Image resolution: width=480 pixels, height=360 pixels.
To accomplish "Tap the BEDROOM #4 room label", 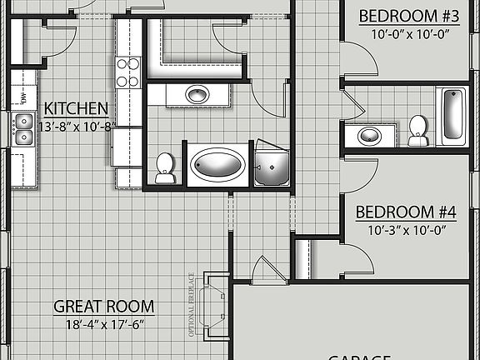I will tap(407, 212).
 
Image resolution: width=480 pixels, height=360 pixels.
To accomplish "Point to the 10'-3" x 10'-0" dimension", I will tap(407, 230).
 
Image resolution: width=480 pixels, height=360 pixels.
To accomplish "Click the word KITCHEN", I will tap(75, 108).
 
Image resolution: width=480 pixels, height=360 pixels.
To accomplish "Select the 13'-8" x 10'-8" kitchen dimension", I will tap(75, 127).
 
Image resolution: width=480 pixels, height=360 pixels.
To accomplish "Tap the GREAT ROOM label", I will tap(104, 307).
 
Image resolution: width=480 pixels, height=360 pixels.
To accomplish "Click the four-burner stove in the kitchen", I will tap(128, 72).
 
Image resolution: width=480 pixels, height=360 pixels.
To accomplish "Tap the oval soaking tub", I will tap(215, 166).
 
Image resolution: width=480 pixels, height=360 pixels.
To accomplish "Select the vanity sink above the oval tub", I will tap(197, 94).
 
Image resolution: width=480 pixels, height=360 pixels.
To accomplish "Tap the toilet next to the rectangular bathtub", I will tap(418, 130).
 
